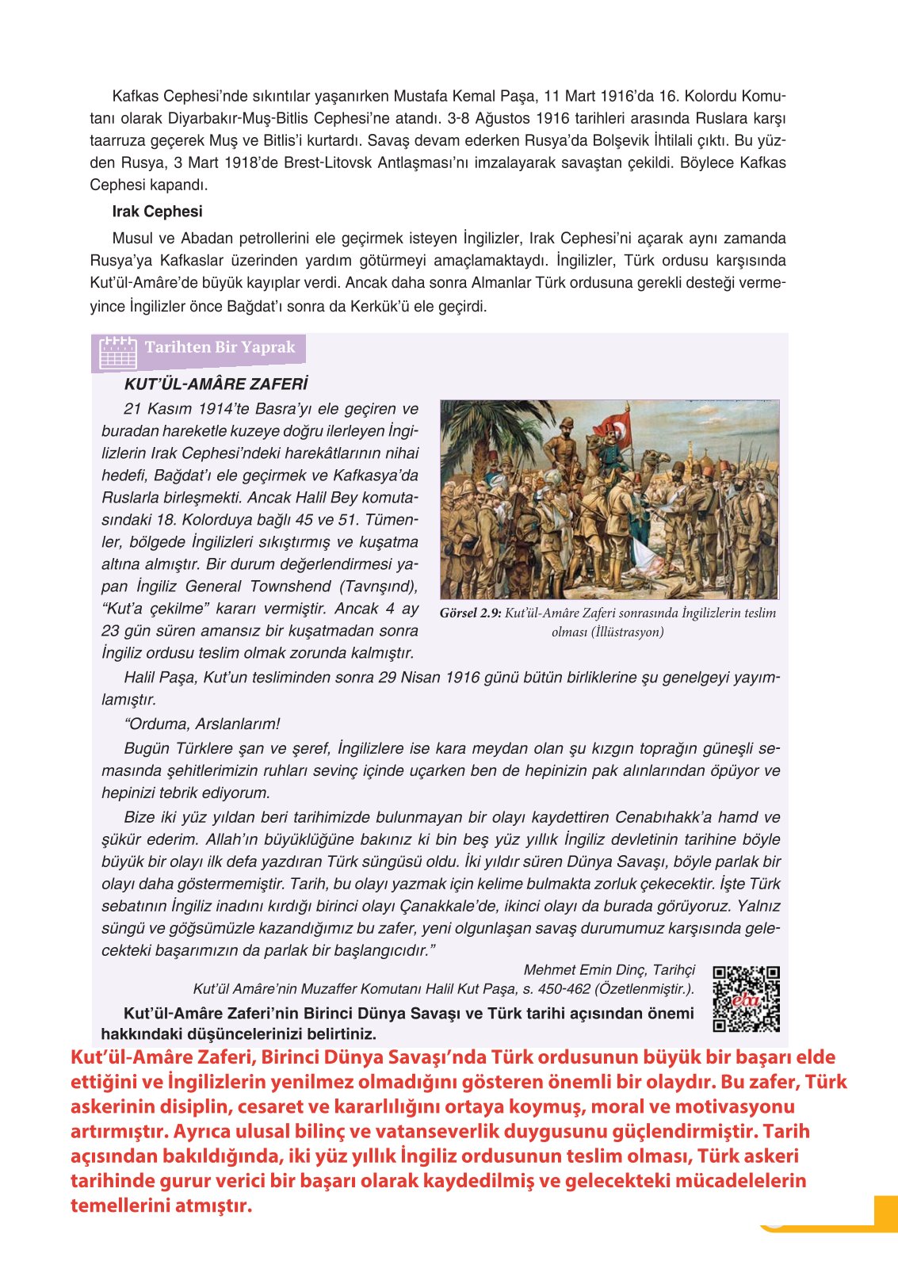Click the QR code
coord(745,999)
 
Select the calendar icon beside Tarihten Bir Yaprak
coord(118,353)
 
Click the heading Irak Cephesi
coord(157,212)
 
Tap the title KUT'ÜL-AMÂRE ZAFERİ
coord(216,384)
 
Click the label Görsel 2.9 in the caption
coord(470,613)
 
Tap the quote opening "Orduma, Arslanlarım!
coord(202,724)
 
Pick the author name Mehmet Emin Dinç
coord(586,970)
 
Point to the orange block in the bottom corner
coord(885,1213)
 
